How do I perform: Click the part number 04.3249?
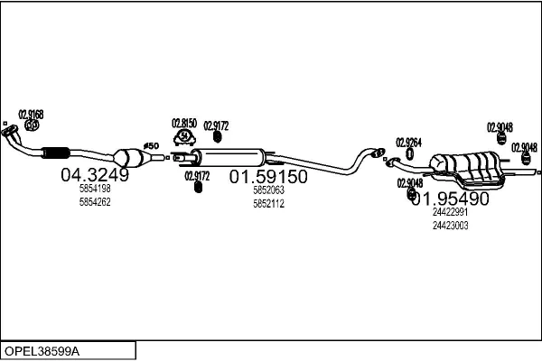point(95,175)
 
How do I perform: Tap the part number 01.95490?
point(449,198)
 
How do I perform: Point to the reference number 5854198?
point(95,190)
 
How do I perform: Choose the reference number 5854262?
point(95,202)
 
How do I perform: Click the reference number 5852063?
point(268,190)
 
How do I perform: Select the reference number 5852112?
point(268,203)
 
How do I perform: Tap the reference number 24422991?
point(450,212)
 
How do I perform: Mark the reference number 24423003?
point(450,225)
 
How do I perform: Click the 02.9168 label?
point(31,115)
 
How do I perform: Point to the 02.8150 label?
point(184,123)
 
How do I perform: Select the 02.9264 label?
point(408,143)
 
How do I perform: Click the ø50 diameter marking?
point(151,145)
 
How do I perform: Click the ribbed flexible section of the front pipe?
point(55,151)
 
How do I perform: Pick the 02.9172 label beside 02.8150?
point(216,126)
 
